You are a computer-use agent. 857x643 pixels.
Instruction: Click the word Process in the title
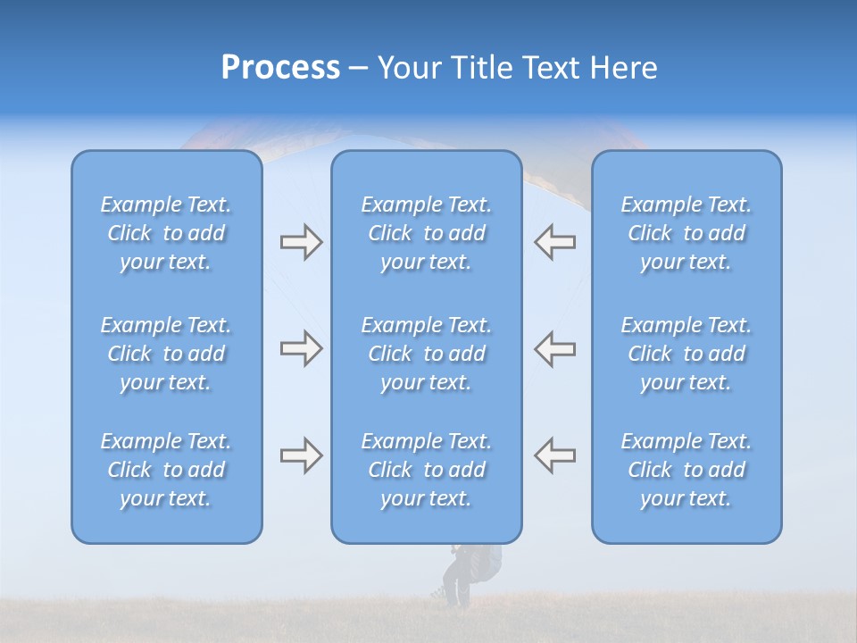(280, 68)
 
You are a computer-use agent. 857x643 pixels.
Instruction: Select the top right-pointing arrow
(301, 242)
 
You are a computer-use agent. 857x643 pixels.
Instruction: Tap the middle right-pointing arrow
(301, 348)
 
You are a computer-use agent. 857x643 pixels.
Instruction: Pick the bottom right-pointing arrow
(301, 455)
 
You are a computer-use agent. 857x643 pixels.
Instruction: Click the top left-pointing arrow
(554, 242)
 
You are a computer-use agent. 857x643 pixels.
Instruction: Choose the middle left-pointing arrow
(554, 348)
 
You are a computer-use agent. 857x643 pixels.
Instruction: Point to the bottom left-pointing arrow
(554, 455)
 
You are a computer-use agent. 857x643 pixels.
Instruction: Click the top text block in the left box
(166, 233)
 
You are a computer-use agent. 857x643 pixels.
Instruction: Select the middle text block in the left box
(166, 354)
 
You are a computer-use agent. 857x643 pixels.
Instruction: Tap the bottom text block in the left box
(166, 470)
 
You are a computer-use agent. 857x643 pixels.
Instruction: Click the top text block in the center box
(427, 233)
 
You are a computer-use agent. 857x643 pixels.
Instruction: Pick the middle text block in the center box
(427, 354)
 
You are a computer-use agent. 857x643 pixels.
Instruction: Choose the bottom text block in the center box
(427, 470)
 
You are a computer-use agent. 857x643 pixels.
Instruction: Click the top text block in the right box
(686, 233)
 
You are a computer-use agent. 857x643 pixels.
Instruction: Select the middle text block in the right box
(686, 354)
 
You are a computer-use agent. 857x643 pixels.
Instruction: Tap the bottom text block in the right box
(686, 470)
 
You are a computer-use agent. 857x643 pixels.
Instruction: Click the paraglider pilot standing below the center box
(460, 576)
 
